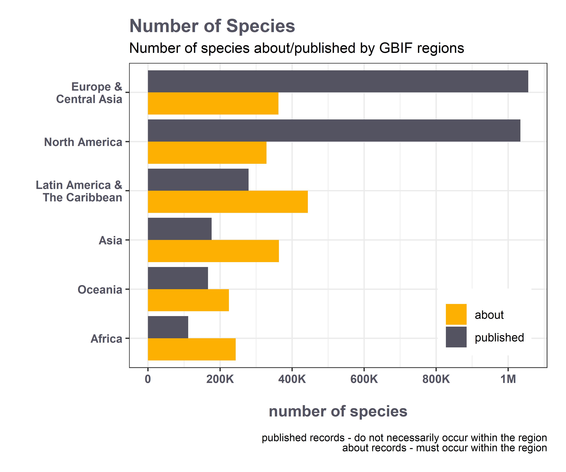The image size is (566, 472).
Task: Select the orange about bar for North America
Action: tap(207, 153)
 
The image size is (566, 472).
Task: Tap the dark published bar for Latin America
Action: tap(198, 180)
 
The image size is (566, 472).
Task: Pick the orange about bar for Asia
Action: tap(213, 251)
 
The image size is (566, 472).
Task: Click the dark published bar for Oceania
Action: tap(178, 278)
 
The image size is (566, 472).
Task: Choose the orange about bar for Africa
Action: tap(192, 349)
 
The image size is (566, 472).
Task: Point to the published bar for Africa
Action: tap(168, 327)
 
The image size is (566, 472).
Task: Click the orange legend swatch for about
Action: tap(456, 314)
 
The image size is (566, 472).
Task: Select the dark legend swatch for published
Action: tap(456, 337)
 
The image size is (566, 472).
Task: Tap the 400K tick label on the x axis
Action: tap(292, 379)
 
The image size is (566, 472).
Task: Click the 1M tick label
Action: tap(508, 379)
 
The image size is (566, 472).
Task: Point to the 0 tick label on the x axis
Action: tap(148, 379)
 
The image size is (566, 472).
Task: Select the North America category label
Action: tap(83, 142)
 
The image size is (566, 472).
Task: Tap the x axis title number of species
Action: tap(338, 411)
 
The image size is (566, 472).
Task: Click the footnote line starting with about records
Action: tap(444, 448)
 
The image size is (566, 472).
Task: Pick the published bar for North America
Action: tap(334, 131)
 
